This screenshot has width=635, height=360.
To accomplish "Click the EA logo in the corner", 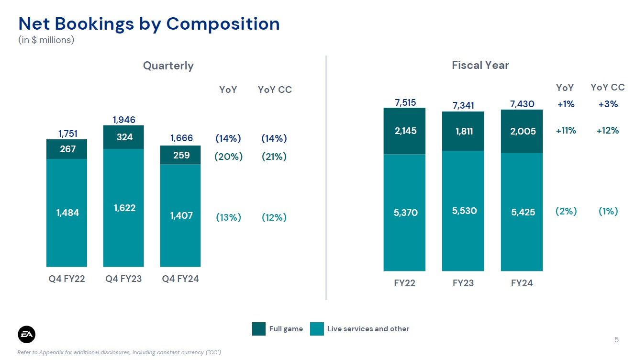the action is tap(27, 334).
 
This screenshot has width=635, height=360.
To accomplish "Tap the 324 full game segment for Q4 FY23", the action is tap(123, 137).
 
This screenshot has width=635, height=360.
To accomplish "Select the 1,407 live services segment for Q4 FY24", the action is tap(180, 215).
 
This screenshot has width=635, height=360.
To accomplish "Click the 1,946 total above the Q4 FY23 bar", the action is tap(124, 120).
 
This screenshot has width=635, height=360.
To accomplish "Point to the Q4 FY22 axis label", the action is tap(67, 279).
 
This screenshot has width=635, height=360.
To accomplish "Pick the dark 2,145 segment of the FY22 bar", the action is tap(404, 131).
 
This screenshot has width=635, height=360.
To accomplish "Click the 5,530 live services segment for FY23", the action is tap(463, 211).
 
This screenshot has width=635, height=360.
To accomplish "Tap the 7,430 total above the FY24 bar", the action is tap(522, 104).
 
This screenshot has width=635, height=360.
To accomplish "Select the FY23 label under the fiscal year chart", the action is tap(463, 283).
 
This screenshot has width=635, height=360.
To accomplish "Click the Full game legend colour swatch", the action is tap(259, 329).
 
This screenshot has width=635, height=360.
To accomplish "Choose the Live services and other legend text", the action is tap(368, 329).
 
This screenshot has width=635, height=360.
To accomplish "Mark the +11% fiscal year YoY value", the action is tap(566, 131).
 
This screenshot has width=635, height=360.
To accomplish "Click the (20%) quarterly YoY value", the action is tap(228, 157).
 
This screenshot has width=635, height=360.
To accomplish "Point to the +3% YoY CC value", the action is tap(608, 104).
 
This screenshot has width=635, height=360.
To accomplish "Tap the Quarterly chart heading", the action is tap(168, 66).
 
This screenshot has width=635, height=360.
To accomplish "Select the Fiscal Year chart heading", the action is tap(480, 65).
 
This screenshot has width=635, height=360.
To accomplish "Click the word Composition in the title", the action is tap(223, 24).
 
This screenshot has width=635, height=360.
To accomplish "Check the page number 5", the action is tap(616, 339).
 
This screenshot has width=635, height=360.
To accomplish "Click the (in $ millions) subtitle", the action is tap(46, 40).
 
